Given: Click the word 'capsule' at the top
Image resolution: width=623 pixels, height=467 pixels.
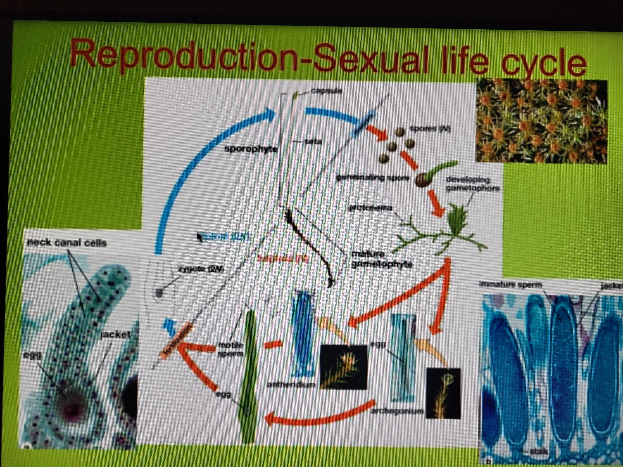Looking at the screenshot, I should coord(327,91).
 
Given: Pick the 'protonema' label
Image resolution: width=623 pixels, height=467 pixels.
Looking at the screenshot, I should coord(370,208).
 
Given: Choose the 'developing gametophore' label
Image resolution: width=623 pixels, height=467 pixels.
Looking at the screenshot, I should coord(473,184).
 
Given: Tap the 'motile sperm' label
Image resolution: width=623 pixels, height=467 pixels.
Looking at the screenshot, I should coord(230,349).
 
